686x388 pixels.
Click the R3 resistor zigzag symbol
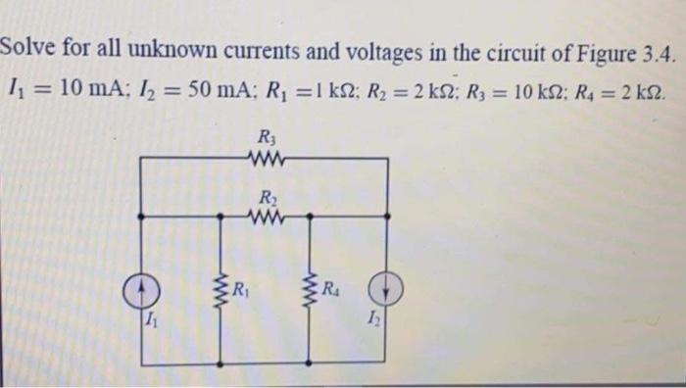tap(264, 156)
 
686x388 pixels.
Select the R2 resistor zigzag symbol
tap(264, 216)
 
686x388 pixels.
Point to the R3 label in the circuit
tap(264, 138)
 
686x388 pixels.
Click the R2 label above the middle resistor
tap(264, 196)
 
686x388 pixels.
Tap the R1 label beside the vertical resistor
tap(238, 288)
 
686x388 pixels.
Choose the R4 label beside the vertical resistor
tap(331, 288)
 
